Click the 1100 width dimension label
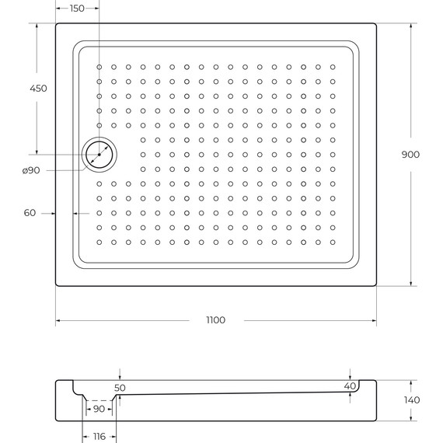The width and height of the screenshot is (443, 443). [216, 321]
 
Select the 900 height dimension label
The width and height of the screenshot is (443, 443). [410, 155]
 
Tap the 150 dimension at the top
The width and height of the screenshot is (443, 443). [78, 8]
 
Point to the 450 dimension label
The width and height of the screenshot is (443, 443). [38, 88]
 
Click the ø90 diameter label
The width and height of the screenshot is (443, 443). [31, 170]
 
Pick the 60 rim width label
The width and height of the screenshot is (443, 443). [30, 212]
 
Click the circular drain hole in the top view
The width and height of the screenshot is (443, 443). [99, 154]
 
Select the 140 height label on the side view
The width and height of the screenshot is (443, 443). [411, 400]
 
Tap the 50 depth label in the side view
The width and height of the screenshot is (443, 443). [120, 386]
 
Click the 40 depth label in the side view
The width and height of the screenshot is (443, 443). [349, 386]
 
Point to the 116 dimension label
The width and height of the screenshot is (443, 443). [99, 437]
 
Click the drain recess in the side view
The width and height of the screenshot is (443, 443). [99, 396]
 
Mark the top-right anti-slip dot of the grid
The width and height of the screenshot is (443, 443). [333, 67]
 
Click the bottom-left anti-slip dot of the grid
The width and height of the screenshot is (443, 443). [99, 242]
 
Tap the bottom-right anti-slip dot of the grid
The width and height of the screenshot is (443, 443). [333, 242]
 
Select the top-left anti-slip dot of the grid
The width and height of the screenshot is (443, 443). [99, 67]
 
